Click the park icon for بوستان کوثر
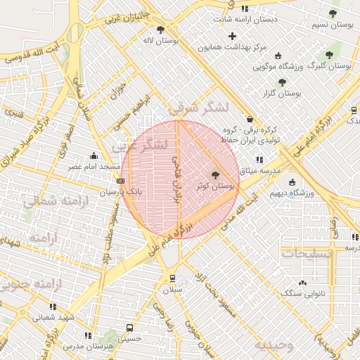click(215, 176)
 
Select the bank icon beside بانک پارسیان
click(120, 181)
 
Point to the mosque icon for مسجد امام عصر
click(94, 156)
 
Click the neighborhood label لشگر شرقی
click(200, 108)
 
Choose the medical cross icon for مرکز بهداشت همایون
click(233, 36)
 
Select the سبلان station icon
click(172, 278)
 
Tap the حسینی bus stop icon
click(129, 328)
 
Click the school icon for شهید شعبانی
click(53, 307)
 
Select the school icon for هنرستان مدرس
click(87, 336)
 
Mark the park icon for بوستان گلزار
click(282, 82)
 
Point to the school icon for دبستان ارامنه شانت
click(244, 8)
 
